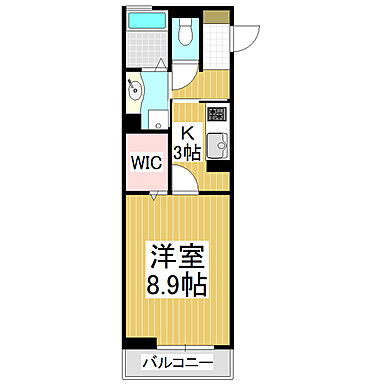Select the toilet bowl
183,36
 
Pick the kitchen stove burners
216,115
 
